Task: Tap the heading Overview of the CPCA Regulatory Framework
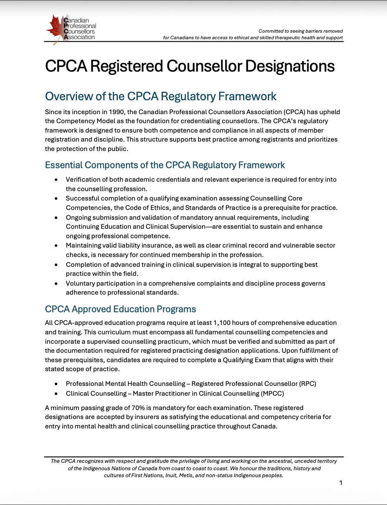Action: click(x=161, y=97)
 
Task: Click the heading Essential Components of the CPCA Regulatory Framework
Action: click(x=165, y=165)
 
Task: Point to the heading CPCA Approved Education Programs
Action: click(x=120, y=309)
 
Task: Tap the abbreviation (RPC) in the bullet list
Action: click(x=307, y=384)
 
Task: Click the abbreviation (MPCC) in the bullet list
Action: click(x=272, y=394)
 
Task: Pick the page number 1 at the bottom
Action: click(x=341, y=483)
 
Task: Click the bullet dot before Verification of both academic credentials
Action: click(x=56, y=180)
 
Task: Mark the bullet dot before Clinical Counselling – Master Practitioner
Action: click(x=56, y=394)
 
